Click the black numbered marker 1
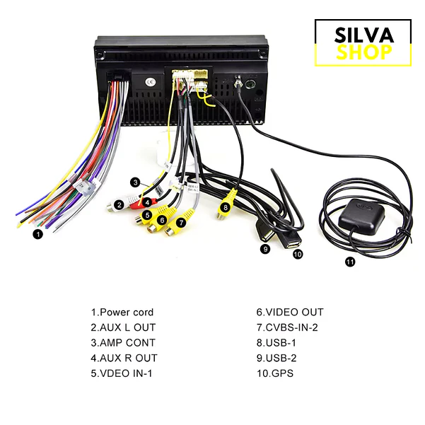38,234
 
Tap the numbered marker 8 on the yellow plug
226,208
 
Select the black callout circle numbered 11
350,262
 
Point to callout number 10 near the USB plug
298,254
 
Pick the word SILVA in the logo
363,35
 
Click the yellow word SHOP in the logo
363,52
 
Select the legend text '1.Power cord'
122,313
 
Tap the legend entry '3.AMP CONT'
123,342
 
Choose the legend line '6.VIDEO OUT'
290,313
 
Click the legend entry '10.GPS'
275,373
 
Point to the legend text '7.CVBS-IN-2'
287,327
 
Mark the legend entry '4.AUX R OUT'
124,358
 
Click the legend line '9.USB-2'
276,358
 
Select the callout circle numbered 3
136,182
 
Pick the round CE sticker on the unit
150,82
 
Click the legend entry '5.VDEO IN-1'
122,373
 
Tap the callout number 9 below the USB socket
265,249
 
